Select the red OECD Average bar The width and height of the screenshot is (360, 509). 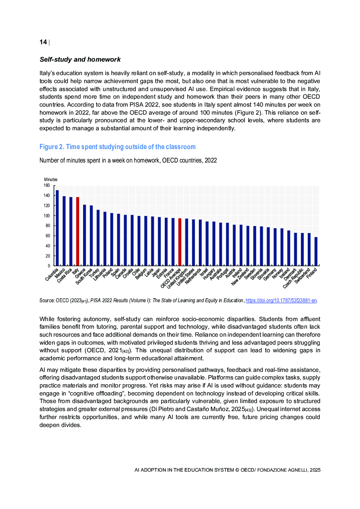pos(180,242)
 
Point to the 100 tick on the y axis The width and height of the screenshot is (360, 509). pos(47,216)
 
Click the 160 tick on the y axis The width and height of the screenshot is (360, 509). pos(47,185)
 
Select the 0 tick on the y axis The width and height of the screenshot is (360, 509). pos(49,266)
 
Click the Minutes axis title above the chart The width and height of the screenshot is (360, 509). pos(51,180)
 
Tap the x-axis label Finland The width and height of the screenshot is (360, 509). pos(312,273)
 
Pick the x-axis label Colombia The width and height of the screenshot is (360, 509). pos(52,275)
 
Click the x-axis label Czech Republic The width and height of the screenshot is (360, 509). pos(293,278)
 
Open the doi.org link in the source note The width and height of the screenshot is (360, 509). pos(281,300)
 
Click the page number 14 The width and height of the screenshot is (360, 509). pos(43,42)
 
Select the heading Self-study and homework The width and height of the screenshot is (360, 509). pos(80,59)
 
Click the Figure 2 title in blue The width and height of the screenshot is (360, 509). pos(117,147)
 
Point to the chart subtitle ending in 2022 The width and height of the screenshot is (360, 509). pos(128,160)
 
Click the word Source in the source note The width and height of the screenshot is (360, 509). pos(47,300)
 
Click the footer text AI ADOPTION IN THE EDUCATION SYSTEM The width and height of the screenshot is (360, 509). pos(184,470)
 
